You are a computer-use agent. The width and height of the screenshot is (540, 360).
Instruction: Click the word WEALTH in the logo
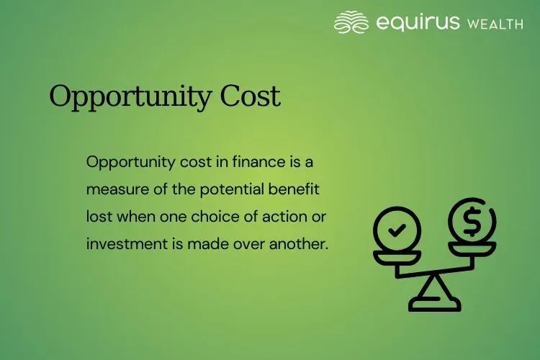click(495, 24)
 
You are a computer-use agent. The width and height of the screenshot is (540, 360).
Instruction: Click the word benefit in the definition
click(295, 189)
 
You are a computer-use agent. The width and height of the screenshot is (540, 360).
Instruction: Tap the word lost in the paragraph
click(98, 217)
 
